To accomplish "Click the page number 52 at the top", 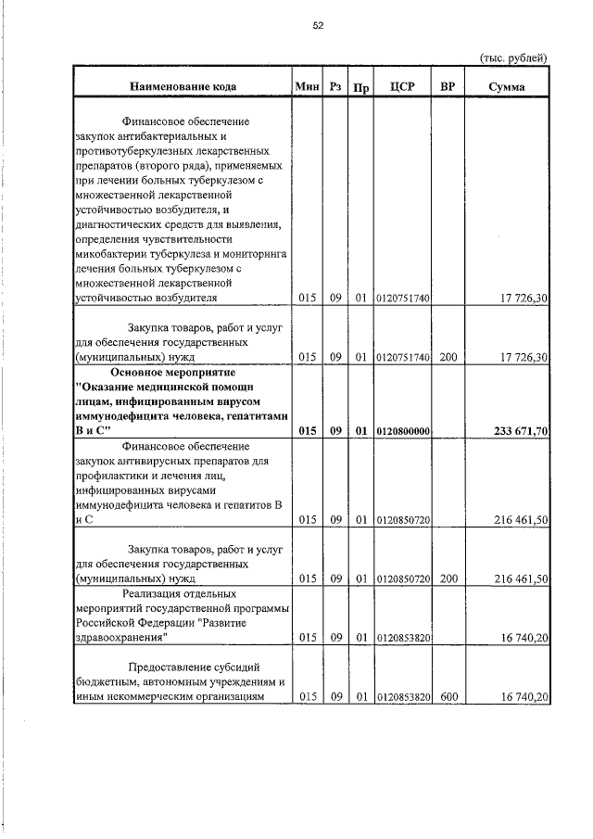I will [317, 26].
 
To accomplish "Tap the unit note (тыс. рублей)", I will [512, 57].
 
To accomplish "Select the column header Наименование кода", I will [182, 87].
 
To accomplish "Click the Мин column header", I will [307, 87].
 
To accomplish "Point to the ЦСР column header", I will [403, 87].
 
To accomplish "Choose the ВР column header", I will [448, 87].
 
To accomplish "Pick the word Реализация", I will [154, 592].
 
